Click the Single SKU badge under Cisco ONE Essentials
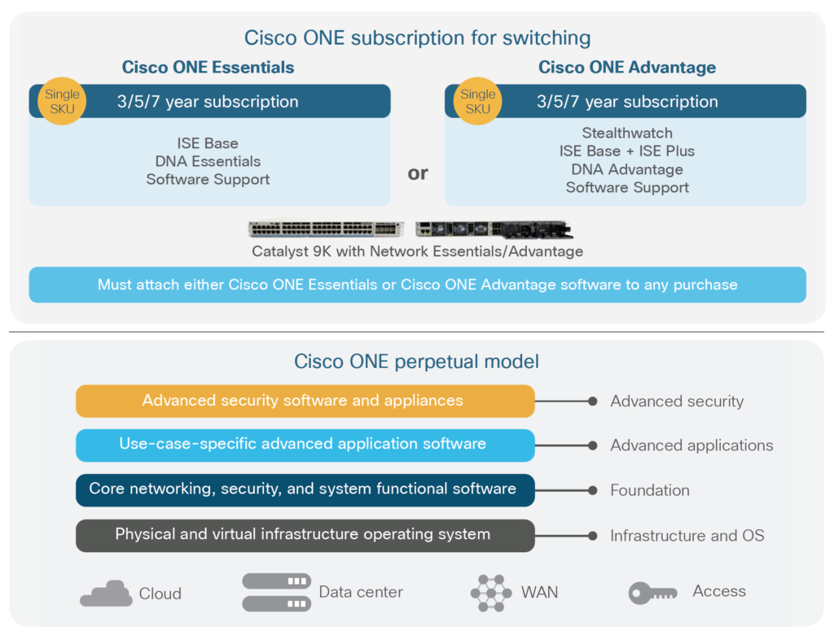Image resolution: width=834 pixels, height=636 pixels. (62, 102)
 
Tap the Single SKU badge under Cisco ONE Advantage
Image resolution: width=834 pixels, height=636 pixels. (477, 102)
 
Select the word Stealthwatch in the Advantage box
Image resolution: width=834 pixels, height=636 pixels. (626, 133)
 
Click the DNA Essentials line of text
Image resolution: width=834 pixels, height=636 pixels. (208, 161)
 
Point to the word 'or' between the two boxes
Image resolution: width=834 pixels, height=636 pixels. (418, 173)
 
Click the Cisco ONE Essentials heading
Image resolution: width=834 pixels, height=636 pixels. (208, 67)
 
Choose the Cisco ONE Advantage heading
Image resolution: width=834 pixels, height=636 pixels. (626, 67)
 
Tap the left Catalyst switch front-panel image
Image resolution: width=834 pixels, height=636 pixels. (326, 229)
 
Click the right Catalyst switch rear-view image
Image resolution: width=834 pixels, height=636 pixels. (494, 229)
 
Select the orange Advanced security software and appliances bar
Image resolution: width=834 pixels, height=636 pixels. (305, 401)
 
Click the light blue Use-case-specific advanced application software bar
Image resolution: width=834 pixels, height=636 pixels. (305, 445)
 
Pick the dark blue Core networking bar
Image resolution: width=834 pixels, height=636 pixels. (305, 489)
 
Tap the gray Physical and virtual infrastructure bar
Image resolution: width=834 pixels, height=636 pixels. (305, 535)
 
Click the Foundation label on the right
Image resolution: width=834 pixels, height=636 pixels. (649, 490)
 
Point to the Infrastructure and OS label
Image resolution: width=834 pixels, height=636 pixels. (687, 536)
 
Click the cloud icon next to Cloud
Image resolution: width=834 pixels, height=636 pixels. (106, 594)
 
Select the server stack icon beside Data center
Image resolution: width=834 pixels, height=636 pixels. (276, 592)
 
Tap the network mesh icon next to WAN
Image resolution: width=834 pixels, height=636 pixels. (491, 593)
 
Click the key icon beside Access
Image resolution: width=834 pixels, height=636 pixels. (652, 593)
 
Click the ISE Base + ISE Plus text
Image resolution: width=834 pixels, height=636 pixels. (626, 151)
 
